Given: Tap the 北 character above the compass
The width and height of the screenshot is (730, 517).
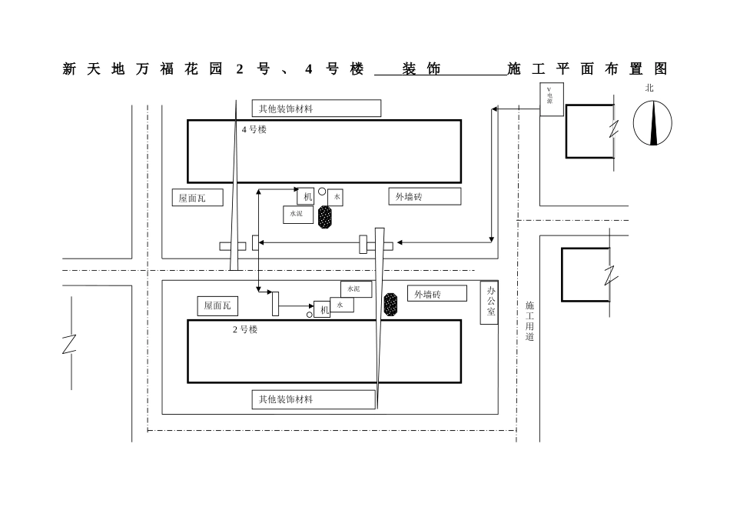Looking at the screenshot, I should (650, 88).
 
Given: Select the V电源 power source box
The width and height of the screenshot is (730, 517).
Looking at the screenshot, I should (551, 100).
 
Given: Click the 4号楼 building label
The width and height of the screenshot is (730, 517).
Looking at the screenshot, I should (254, 130).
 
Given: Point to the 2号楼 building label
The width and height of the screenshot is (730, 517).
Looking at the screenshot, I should (245, 329).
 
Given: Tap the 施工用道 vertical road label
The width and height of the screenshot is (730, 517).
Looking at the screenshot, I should (529, 322).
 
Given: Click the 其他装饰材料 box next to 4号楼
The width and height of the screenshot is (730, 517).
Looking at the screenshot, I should (317, 108).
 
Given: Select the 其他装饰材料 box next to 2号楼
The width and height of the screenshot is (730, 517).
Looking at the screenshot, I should (314, 399).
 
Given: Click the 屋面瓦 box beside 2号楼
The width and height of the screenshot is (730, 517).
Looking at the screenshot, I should (217, 305).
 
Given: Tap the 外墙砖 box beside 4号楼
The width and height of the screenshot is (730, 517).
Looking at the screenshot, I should (424, 196).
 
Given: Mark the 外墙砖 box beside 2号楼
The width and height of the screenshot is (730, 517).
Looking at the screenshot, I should (436, 294).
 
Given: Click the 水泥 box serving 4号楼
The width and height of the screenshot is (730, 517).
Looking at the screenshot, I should (297, 214).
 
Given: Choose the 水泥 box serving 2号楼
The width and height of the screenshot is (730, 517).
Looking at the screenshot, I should (356, 289).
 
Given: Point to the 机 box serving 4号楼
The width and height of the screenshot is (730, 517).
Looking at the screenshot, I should (308, 197).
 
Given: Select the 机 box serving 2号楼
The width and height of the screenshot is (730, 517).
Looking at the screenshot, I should (323, 309).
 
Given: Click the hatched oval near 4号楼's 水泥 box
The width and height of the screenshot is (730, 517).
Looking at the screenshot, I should (326, 216).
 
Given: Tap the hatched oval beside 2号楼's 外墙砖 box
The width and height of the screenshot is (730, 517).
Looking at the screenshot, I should (391, 304).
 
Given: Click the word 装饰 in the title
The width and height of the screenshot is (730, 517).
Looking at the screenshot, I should (422, 69).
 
